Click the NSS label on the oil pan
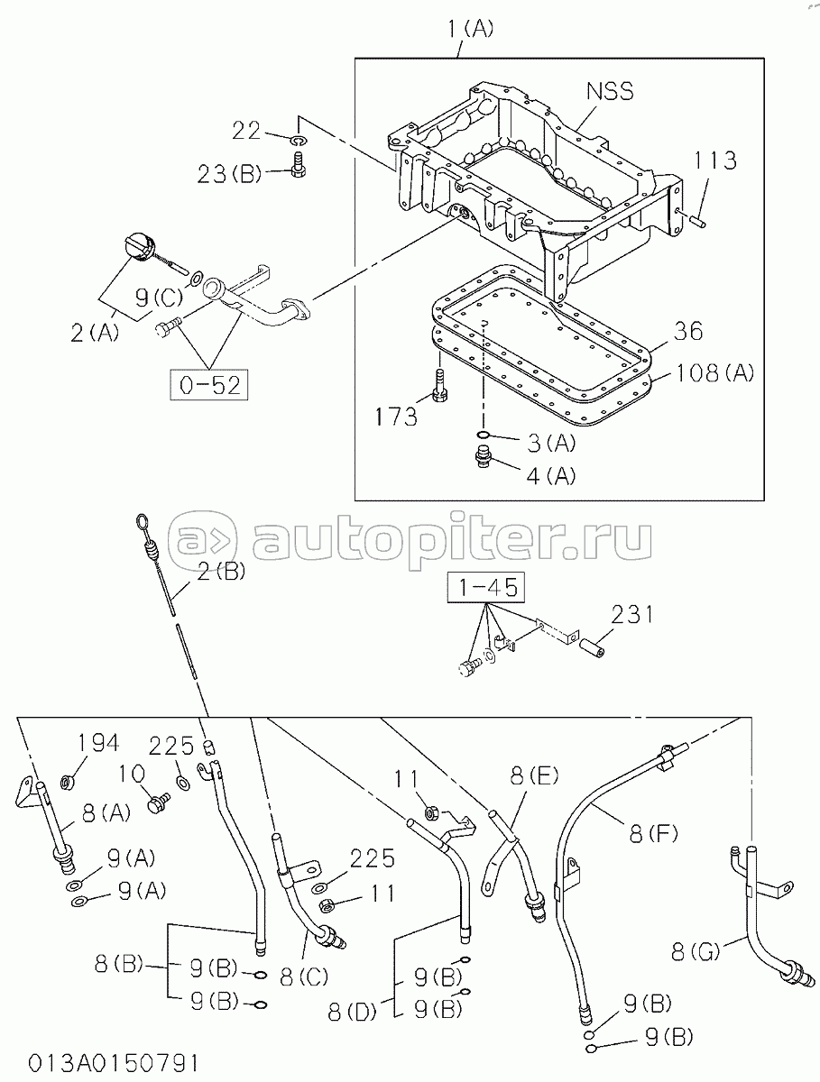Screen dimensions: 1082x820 click(609, 92)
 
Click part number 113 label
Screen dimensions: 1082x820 click(715, 160)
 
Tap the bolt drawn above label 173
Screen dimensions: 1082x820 click(438, 387)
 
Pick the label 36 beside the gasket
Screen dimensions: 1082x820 click(687, 332)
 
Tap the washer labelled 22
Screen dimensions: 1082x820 click(299, 140)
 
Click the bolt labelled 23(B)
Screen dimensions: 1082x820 click(299, 165)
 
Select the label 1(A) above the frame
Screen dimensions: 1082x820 click(470, 30)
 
